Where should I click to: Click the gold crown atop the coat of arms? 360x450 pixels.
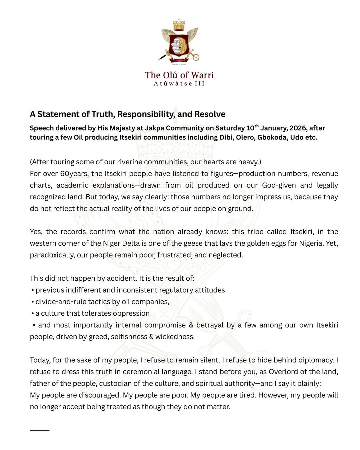179,25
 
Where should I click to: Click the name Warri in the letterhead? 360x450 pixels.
202,75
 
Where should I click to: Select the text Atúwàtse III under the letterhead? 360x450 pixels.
179,84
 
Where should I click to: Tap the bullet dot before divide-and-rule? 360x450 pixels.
33,302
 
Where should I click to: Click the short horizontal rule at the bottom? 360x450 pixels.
40,430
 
